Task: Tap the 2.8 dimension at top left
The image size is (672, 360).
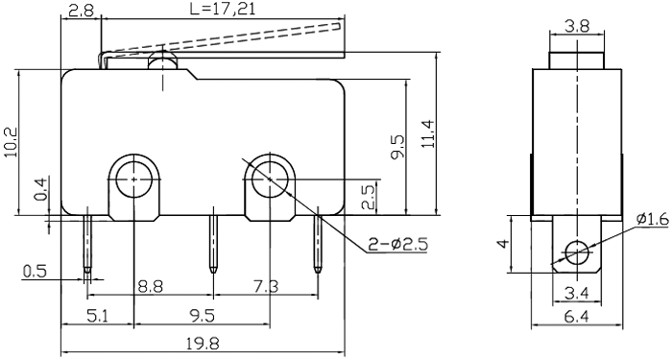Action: pos(81,12)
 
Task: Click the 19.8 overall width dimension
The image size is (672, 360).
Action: pos(202,344)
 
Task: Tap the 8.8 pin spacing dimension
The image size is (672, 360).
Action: pos(149,285)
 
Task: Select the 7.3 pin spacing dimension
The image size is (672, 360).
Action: pos(266,285)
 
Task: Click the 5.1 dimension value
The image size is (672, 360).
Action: pos(97,315)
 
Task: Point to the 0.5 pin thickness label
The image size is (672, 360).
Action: pos(34,272)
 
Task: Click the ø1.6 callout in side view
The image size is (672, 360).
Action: pos(650,220)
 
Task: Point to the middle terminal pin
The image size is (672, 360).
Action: pos(212,242)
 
